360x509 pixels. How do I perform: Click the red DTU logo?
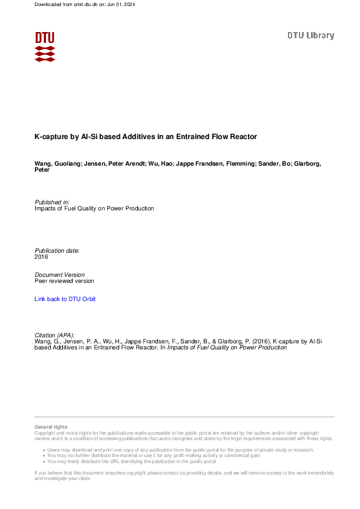pyautogui.click(x=45, y=46)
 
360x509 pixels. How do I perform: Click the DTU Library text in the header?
pyautogui.click(x=310, y=36)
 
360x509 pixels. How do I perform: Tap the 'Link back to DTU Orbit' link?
pyautogui.click(x=65, y=299)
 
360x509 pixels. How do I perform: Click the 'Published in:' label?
pyautogui.click(x=52, y=202)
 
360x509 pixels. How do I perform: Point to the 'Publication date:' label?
pyautogui.click(x=57, y=250)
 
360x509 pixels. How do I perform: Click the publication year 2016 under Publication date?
pyautogui.click(x=41, y=257)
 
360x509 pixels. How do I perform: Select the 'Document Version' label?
pyautogui.click(x=60, y=274)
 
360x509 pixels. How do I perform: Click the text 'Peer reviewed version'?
pyautogui.click(x=64, y=281)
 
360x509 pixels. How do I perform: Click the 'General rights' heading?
pyautogui.click(x=51, y=427)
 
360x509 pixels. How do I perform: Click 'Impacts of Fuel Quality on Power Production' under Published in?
pyautogui.click(x=94, y=209)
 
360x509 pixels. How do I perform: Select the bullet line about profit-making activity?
pyautogui.click(x=155, y=456)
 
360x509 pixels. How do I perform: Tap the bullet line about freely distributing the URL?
pyautogui.click(x=133, y=461)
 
